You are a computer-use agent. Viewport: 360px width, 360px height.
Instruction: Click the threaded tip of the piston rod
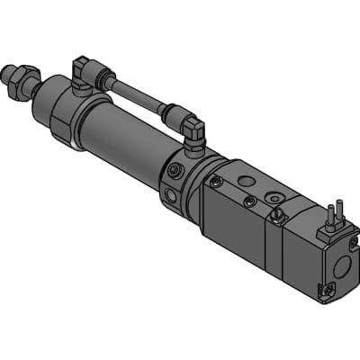tap(10, 71)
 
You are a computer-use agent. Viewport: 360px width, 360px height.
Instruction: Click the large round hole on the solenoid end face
tap(342, 269)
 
